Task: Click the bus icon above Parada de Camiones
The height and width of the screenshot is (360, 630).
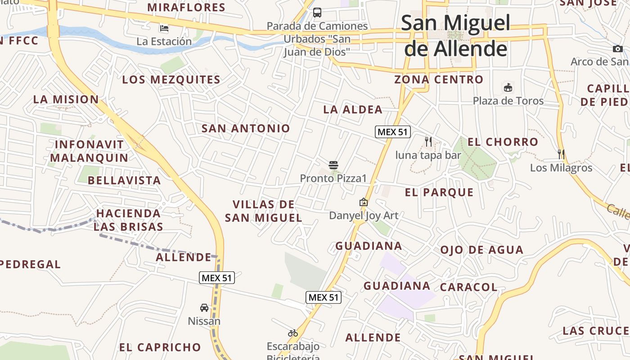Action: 317,12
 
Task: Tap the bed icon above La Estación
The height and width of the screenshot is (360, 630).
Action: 164,28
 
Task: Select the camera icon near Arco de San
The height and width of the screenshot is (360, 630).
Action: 617,49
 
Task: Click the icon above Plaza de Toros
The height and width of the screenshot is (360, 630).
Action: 508,87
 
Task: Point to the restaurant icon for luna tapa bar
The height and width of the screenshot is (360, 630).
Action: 428,142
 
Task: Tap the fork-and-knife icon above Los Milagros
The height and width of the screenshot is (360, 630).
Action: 561,154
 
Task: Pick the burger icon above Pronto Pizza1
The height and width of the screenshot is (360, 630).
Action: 333,165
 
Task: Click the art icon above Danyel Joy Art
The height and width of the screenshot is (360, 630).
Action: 364,202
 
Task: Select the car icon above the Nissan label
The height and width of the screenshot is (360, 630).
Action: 204,308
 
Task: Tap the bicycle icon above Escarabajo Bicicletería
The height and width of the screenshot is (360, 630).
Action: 293,333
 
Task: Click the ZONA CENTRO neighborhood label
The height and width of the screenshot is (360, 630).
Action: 439,80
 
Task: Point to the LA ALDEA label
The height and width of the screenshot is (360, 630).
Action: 353,109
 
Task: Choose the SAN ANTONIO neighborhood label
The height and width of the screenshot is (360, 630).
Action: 246,128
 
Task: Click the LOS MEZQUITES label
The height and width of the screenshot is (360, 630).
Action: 171,80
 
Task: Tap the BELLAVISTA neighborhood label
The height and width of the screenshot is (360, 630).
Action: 124,180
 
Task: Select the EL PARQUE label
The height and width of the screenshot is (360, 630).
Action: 439,192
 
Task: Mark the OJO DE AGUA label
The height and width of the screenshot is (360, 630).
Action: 481,250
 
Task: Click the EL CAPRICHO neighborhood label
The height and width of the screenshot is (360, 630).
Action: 160,347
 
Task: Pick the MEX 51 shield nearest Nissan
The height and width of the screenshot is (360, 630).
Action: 217,278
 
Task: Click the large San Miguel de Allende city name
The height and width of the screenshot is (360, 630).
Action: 455,36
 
